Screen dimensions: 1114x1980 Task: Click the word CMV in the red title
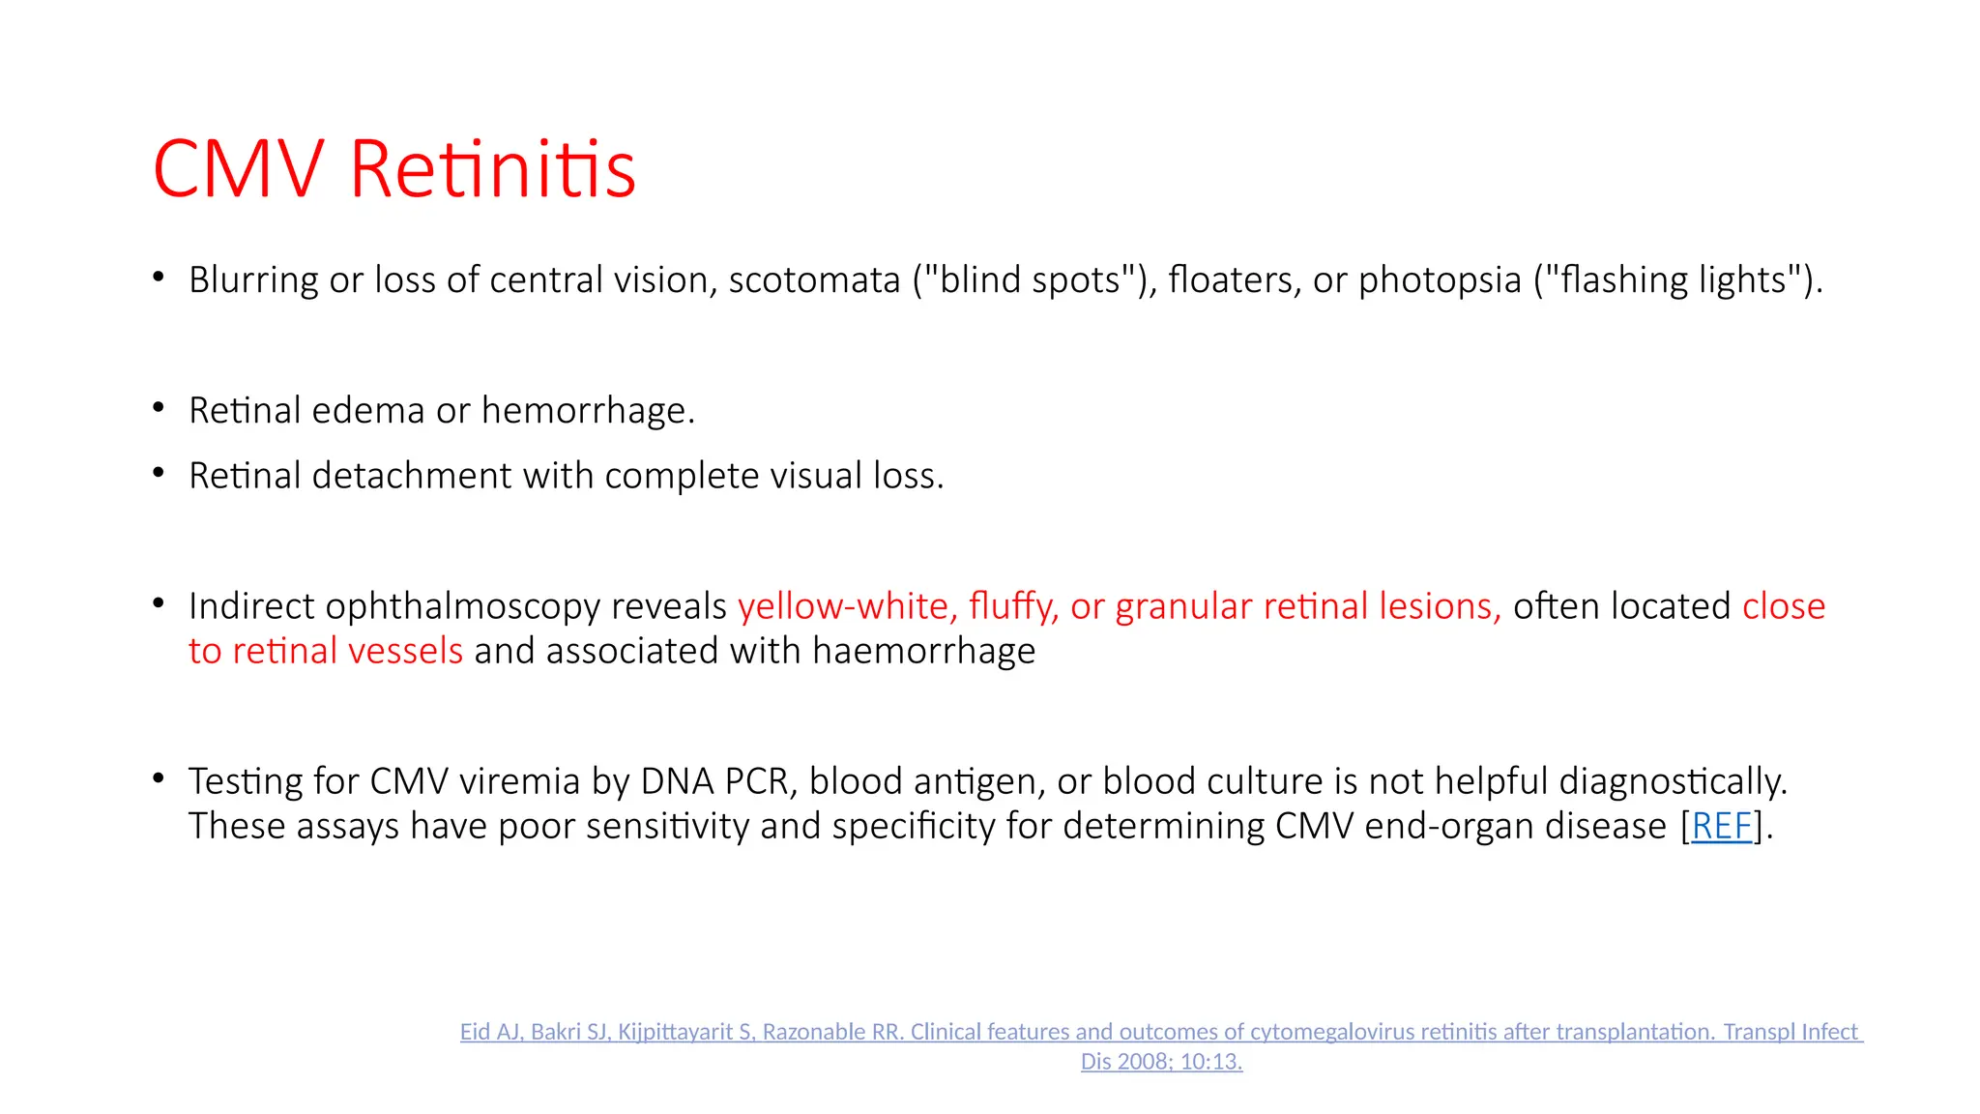(x=238, y=169)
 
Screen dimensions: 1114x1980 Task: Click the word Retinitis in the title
(x=492, y=169)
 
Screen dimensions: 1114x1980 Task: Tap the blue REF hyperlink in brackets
(x=1721, y=826)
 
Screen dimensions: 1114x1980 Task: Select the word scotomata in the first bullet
(x=814, y=279)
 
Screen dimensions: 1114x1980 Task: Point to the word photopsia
(x=1440, y=279)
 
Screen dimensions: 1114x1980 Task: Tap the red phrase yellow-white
(x=847, y=606)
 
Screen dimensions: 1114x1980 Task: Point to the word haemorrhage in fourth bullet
(x=923, y=651)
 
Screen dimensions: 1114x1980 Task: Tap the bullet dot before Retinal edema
(x=159, y=407)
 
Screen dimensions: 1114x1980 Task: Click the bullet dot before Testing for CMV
(x=159, y=777)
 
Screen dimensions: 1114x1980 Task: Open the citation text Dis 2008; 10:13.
(x=1161, y=1061)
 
